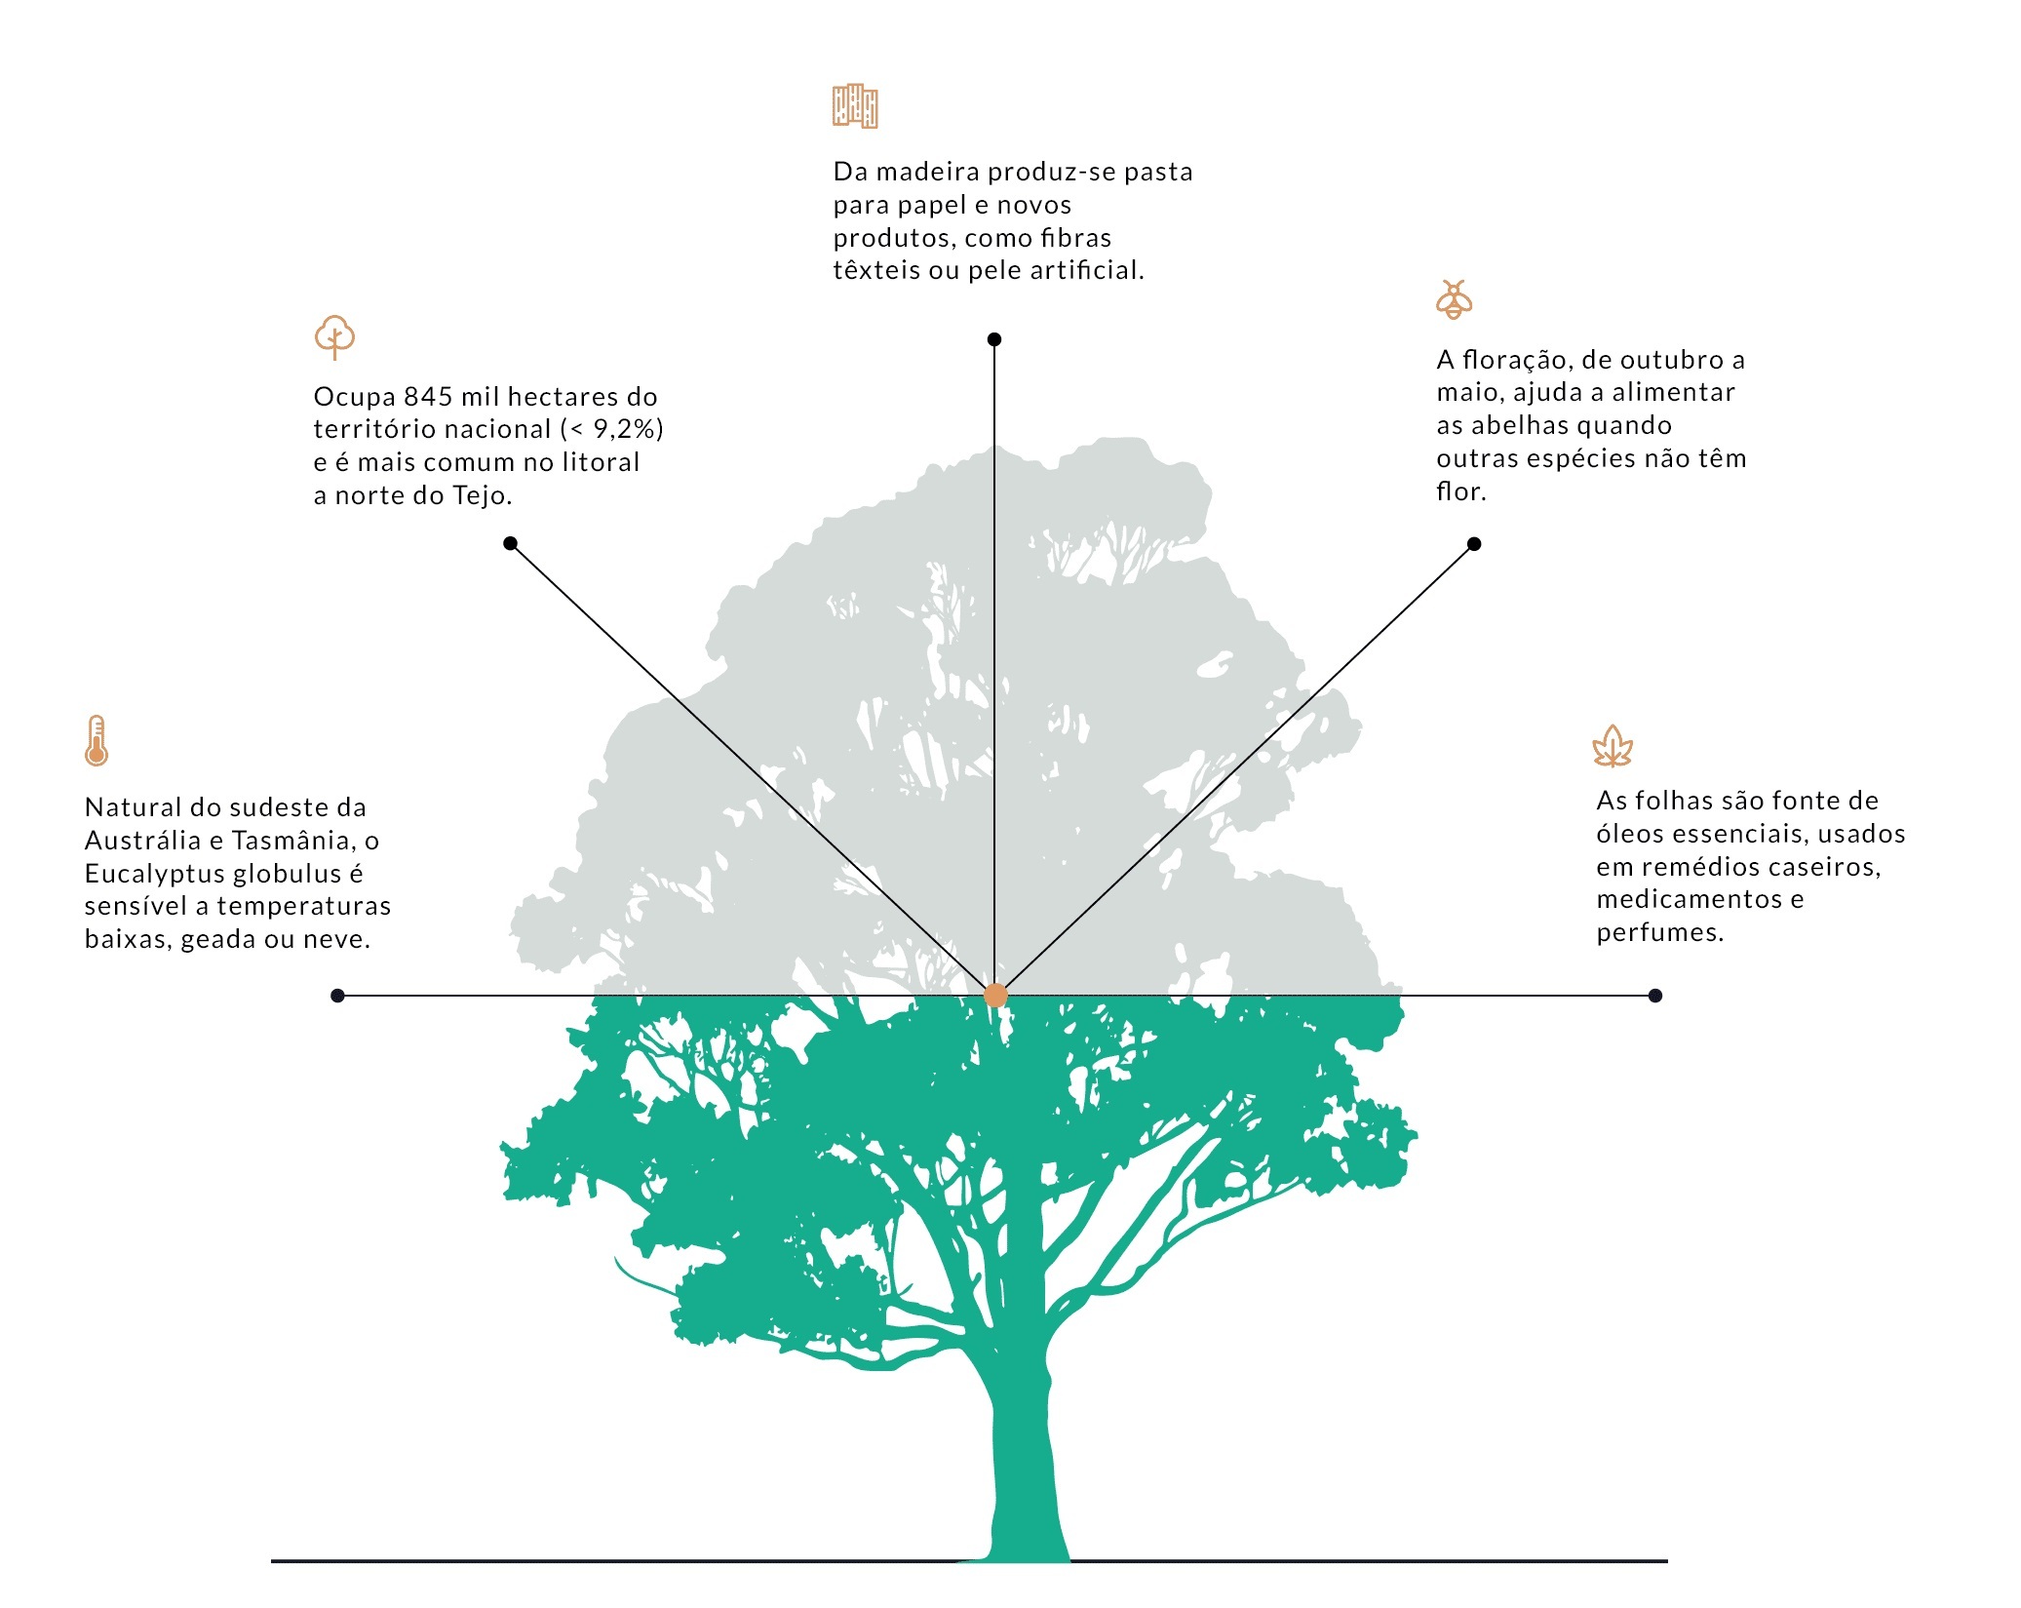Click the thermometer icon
(96, 741)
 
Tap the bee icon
(1454, 299)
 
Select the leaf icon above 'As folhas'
(1612, 747)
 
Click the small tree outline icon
(334, 337)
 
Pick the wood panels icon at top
(855, 105)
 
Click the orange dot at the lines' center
(994, 996)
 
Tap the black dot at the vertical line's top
(994, 339)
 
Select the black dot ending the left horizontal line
(337, 996)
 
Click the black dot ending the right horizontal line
(1654, 996)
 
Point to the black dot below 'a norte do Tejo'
(510, 543)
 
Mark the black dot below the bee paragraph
(1474, 544)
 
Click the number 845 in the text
(428, 397)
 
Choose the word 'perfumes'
(1657, 932)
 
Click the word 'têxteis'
(876, 270)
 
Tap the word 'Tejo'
(481, 495)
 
